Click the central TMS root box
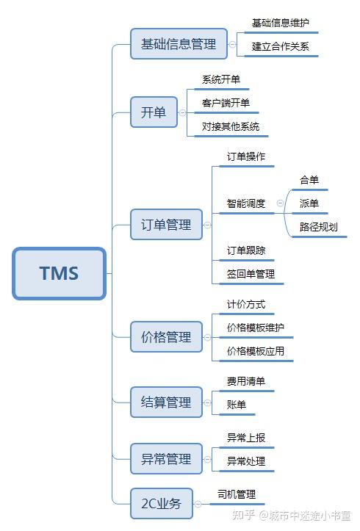(x=59, y=273)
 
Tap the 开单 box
(x=154, y=112)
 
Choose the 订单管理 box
(x=165, y=225)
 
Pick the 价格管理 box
(x=165, y=338)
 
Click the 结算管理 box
(x=165, y=402)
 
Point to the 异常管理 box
(x=165, y=460)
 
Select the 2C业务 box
(x=161, y=505)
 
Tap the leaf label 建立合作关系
(x=280, y=46)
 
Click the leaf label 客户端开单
(x=226, y=103)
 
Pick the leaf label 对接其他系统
(x=230, y=126)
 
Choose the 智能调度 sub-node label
(x=246, y=203)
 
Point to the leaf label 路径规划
(x=318, y=227)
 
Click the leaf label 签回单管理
(x=251, y=274)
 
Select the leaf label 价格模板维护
(x=255, y=327)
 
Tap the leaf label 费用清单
(x=246, y=381)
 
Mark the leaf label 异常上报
(x=246, y=438)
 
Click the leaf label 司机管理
(x=236, y=495)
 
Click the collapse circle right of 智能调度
(x=280, y=203)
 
